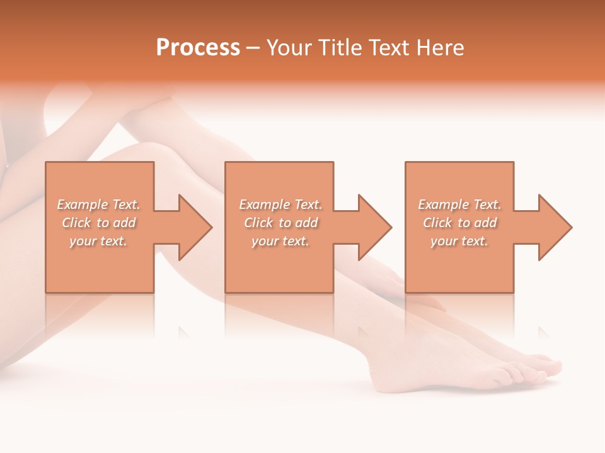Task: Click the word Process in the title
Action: pyautogui.click(x=198, y=48)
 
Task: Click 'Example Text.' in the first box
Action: pyautogui.click(x=99, y=204)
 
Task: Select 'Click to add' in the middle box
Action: pyautogui.click(x=280, y=223)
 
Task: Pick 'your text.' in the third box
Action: pyautogui.click(x=459, y=241)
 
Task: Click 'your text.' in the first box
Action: pyautogui.click(x=99, y=241)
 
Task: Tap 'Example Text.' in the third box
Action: pyautogui.click(x=459, y=204)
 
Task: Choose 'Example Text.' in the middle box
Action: pyautogui.click(x=280, y=204)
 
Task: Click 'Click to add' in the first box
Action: pyautogui.click(x=99, y=223)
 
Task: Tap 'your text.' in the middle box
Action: pyautogui.click(x=280, y=241)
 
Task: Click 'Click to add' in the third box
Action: pyautogui.click(x=459, y=223)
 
